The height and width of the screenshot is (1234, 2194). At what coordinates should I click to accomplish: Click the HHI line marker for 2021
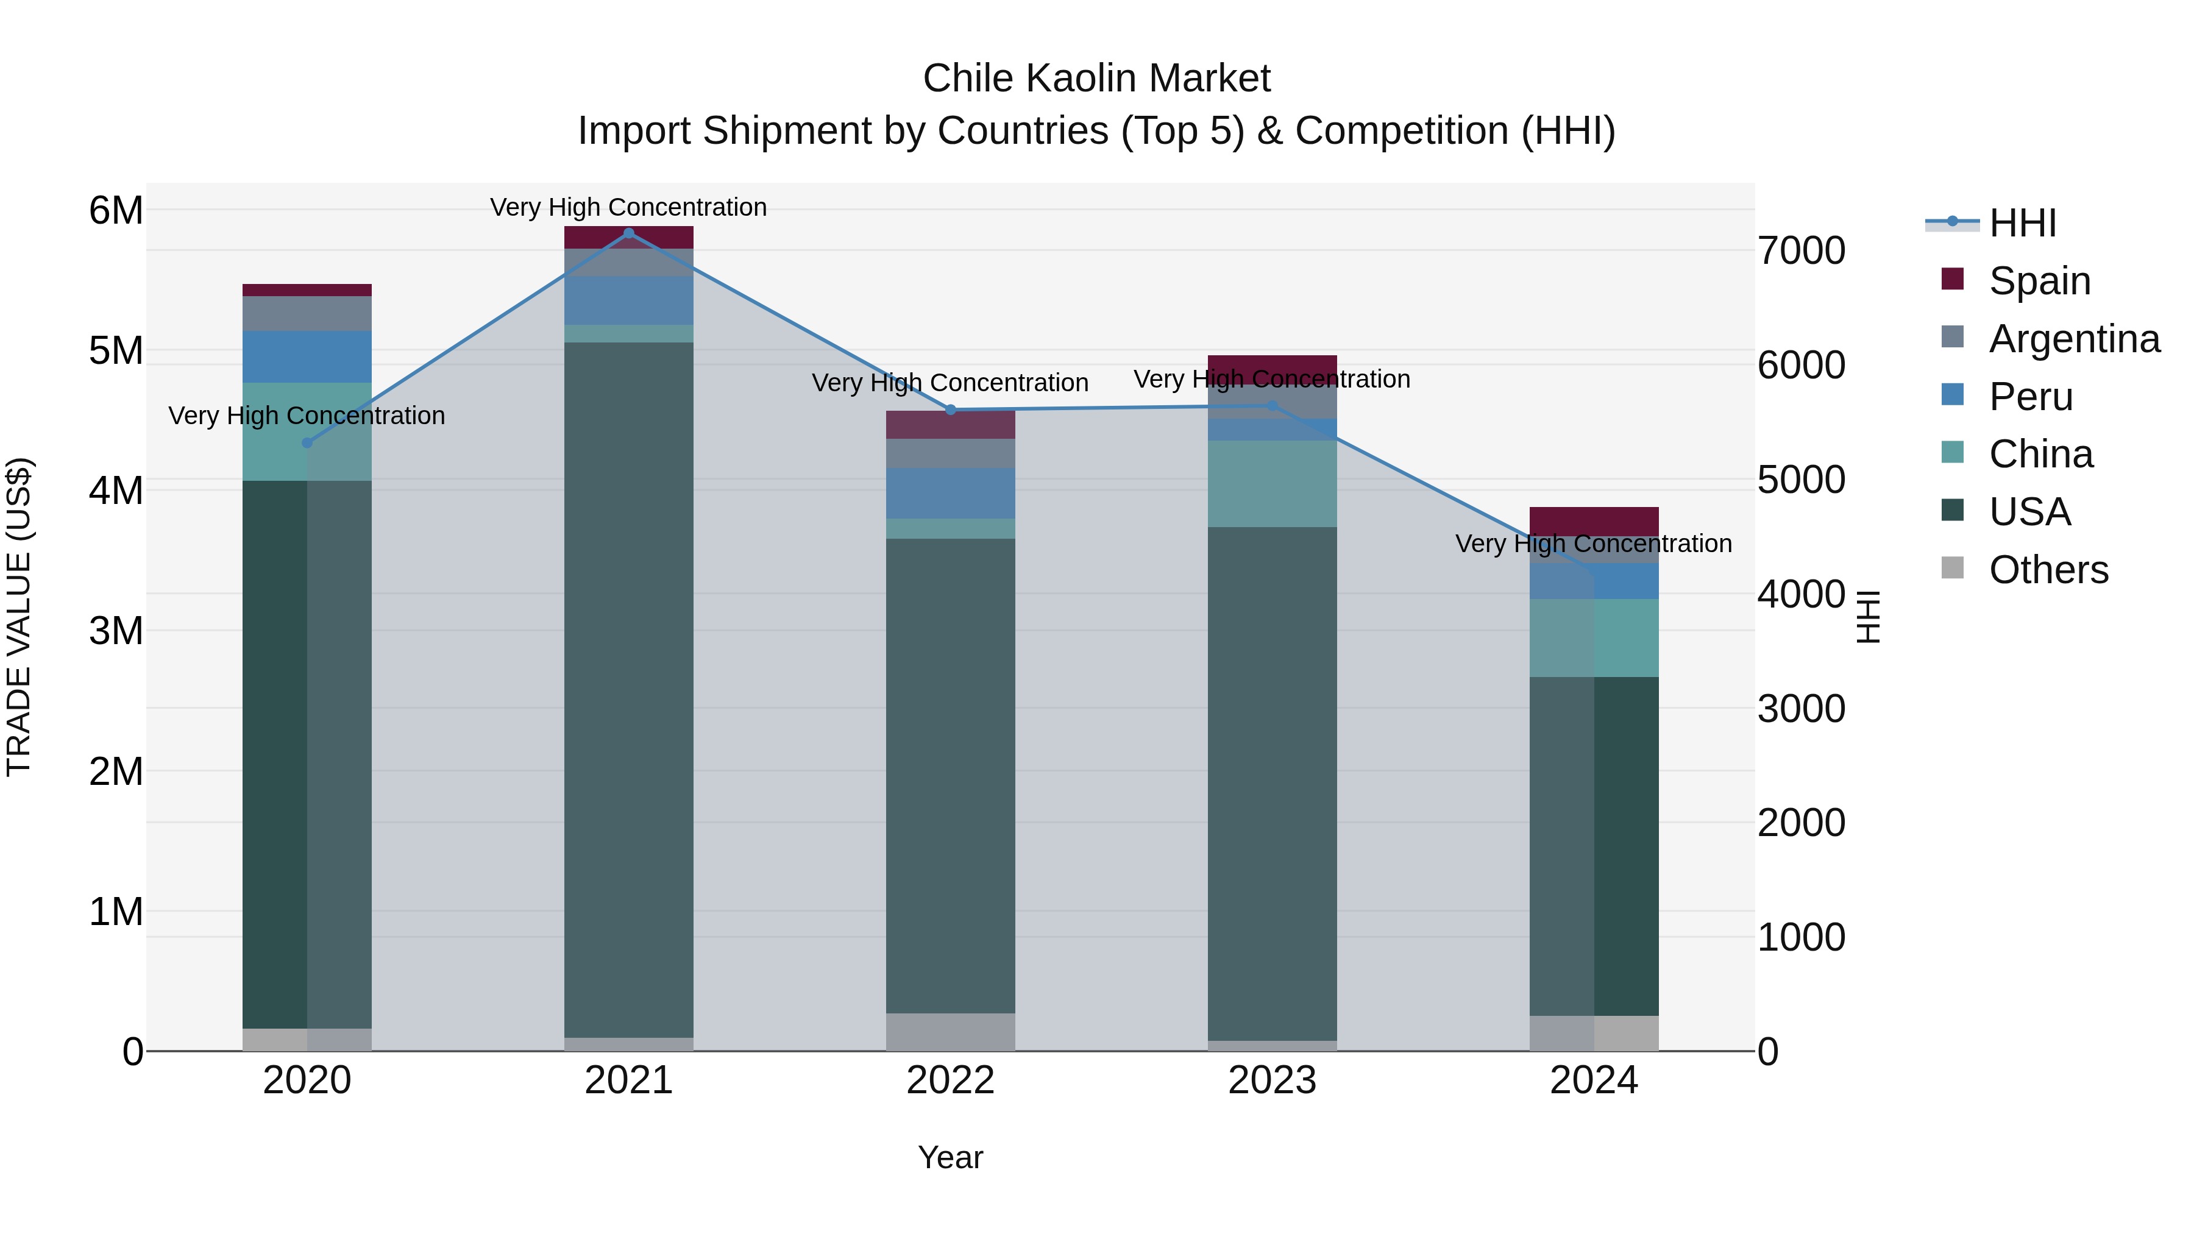[628, 233]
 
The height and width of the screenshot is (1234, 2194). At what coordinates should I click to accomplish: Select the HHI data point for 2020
[308, 443]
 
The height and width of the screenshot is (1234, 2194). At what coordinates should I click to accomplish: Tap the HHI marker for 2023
[1273, 405]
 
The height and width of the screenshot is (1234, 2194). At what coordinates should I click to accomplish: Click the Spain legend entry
[2039, 281]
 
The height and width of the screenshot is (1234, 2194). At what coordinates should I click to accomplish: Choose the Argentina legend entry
[2073, 339]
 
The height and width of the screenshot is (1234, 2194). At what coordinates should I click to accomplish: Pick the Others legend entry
[2048, 570]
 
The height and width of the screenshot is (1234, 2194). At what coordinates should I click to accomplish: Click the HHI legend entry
[2022, 223]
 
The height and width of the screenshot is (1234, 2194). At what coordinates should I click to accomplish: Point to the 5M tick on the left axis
[116, 350]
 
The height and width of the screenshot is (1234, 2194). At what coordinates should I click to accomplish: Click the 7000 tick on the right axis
[1800, 250]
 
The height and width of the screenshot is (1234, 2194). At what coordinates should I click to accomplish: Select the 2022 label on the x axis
[951, 1080]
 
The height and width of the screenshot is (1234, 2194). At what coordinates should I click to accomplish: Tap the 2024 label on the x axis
[1594, 1080]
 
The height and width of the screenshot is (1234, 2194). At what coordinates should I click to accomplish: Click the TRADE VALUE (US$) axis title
[19, 617]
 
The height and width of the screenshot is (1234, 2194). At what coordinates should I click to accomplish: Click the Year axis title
[951, 1157]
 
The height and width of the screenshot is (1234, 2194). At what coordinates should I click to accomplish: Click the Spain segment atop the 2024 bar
[1594, 520]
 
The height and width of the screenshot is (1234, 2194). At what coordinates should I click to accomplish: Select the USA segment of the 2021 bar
[628, 690]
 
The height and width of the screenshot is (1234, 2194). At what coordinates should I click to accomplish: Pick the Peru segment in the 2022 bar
[951, 493]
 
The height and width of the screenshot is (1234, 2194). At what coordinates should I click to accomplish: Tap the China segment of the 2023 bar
[1273, 484]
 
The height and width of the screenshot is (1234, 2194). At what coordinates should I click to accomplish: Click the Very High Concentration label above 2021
[628, 207]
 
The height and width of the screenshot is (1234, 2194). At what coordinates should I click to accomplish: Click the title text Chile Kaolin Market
[1096, 79]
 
